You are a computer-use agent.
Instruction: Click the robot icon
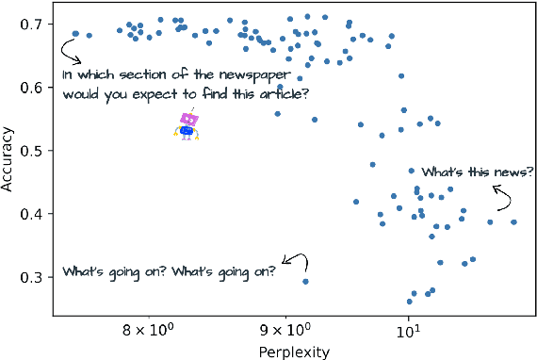coord(187,125)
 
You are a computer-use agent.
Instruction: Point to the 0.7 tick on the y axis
coord(29,24)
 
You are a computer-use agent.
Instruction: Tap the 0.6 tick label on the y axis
coord(29,87)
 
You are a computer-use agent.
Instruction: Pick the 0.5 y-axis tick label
coord(29,151)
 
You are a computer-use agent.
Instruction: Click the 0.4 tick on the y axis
coord(29,214)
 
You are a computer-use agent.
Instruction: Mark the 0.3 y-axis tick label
coord(29,277)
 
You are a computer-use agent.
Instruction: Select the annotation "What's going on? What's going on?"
coord(170,271)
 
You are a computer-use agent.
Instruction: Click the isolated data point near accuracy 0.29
coord(305,281)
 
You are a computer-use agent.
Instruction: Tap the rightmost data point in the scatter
coord(513,222)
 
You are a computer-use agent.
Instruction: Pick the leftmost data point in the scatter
coord(75,34)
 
